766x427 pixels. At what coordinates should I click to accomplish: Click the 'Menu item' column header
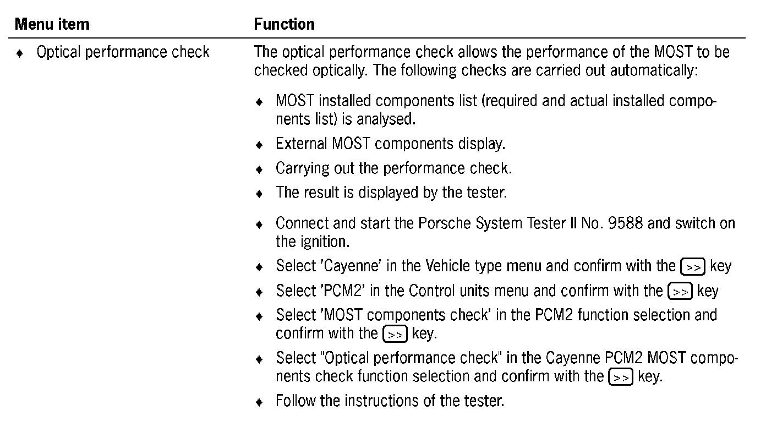tap(52, 24)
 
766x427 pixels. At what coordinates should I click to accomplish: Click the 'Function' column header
tap(284, 24)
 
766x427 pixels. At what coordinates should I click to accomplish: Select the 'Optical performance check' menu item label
tap(123, 53)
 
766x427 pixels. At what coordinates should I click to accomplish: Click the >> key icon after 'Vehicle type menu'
tap(693, 267)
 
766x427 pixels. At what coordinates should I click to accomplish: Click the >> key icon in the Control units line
tap(679, 292)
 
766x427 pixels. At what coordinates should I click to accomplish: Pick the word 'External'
tap(302, 144)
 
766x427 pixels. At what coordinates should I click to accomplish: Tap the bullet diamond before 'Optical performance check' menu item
tap(20, 54)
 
